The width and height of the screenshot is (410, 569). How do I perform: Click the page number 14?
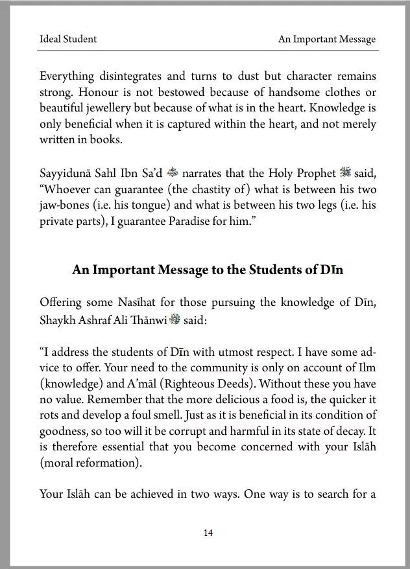click(x=208, y=533)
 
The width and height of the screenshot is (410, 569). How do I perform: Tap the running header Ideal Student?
click(x=68, y=39)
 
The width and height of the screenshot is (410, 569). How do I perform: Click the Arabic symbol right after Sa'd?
click(x=173, y=173)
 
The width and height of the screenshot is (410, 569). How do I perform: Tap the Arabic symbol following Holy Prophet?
click(x=343, y=173)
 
